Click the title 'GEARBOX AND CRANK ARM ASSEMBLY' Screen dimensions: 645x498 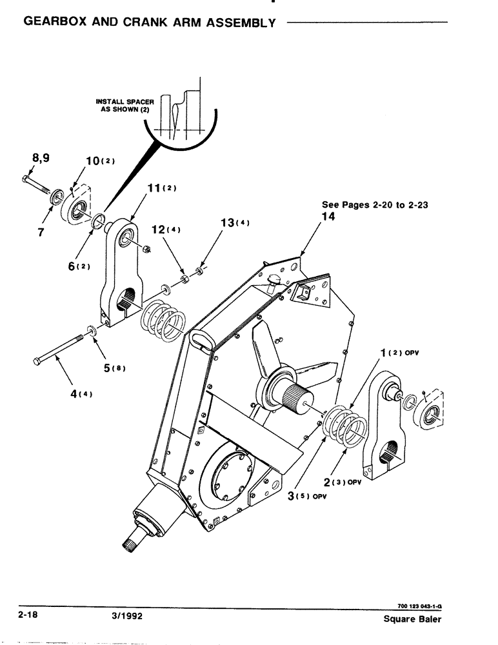[x=150, y=23]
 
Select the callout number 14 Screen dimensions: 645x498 [x=326, y=218]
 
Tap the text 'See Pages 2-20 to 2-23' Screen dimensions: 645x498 [x=375, y=205]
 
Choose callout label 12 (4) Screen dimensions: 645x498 [x=164, y=228]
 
